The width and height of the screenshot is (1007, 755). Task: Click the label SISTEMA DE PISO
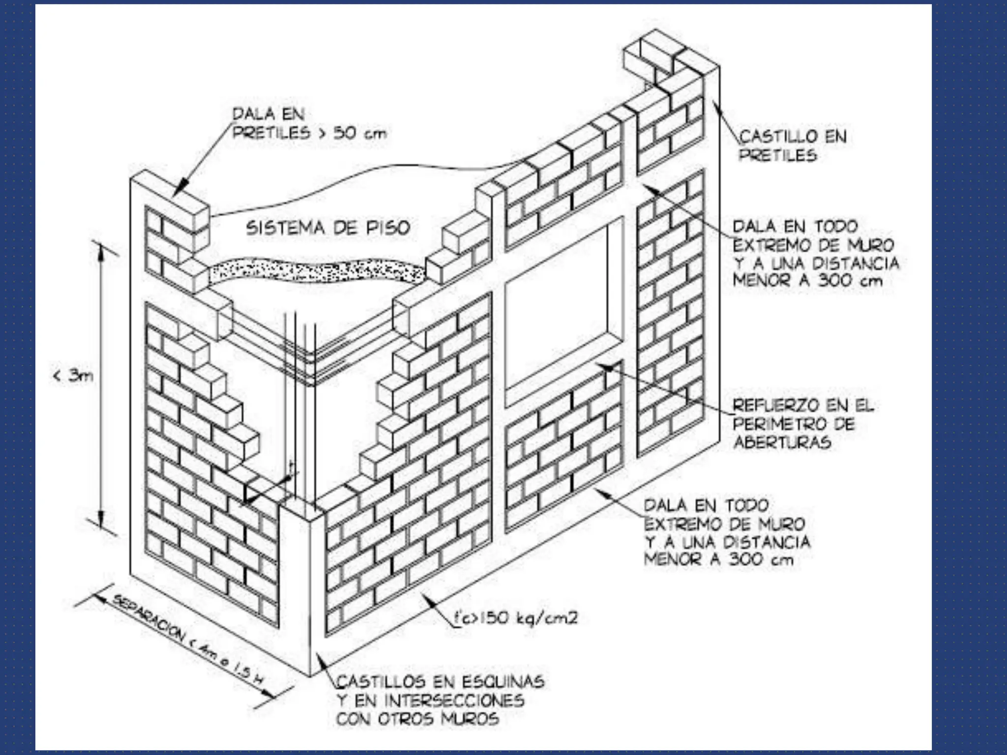pos(328,228)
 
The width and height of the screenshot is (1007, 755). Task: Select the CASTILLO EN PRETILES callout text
pos(793,145)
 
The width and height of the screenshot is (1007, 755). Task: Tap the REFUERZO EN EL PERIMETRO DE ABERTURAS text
pos(803,424)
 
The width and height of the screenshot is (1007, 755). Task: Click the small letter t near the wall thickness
pos(292,464)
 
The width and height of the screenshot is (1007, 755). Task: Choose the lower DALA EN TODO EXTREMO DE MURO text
pos(727,532)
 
